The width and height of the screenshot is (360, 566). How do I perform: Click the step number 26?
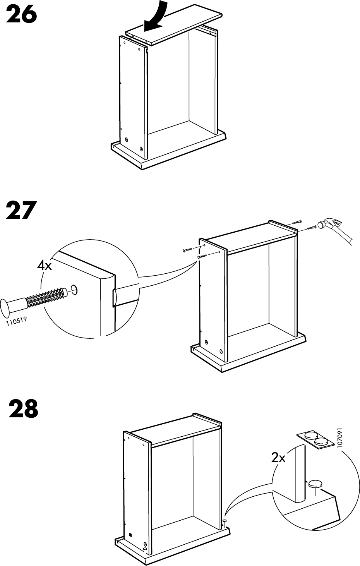pos(22,15)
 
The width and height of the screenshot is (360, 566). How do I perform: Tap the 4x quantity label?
pos(44,266)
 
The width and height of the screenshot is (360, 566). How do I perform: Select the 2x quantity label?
pos(278,458)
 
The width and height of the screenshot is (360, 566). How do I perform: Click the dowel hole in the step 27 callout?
pos(74,289)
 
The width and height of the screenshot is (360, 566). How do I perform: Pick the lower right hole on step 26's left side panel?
pos(141,148)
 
